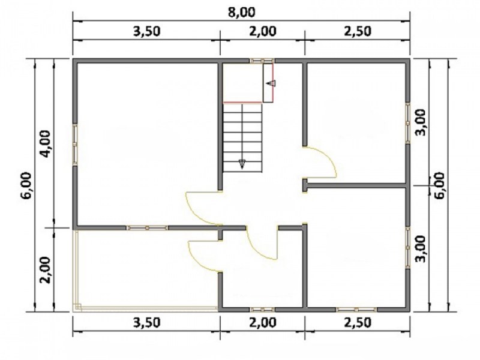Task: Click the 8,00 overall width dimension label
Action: [241, 13]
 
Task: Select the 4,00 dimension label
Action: [45, 143]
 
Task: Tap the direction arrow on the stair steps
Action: [242, 164]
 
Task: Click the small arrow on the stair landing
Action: [272, 83]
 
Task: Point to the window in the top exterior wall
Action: [262, 61]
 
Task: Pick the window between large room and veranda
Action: [147, 228]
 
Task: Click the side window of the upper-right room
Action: [408, 123]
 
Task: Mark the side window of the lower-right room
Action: [408, 248]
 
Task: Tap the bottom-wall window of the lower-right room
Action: [356, 310]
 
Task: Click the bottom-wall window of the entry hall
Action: [262, 310]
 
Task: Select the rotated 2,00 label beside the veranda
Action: [45, 269]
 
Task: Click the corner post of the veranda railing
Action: [77, 307]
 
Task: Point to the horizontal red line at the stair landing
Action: [243, 103]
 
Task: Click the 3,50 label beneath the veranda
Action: [146, 322]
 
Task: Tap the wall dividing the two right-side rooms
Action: [356, 185]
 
